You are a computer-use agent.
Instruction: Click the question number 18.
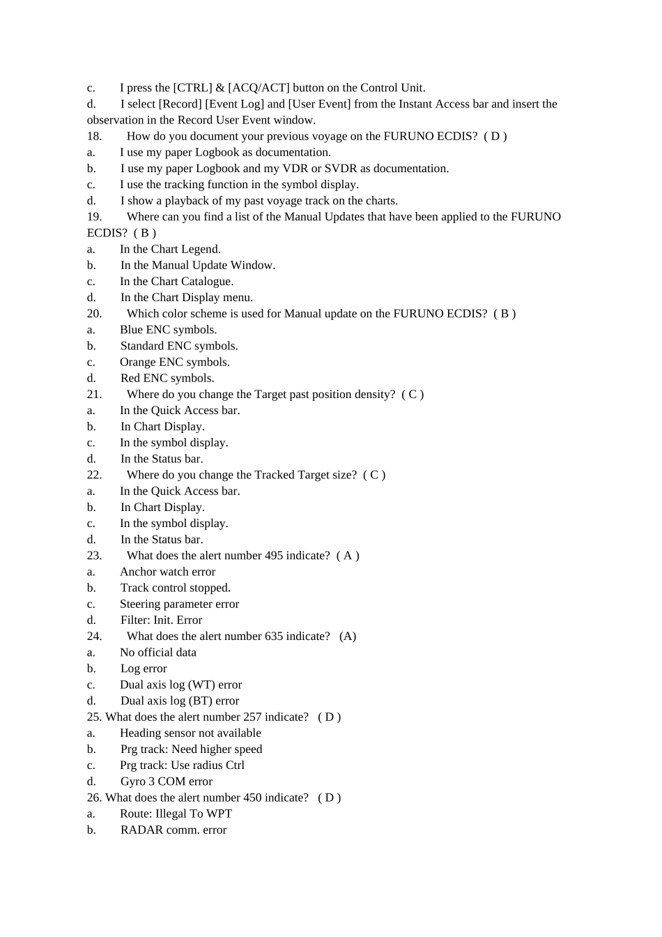click(94, 137)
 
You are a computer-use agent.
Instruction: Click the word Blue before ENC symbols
click(131, 330)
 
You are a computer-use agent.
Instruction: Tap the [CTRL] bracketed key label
click(192, 88)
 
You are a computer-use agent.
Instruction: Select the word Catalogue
click(207, 282)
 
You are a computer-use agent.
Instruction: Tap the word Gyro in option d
click(133, 782)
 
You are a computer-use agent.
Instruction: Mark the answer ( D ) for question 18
click(495, 137)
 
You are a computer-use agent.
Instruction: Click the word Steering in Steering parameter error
click(141, 604)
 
